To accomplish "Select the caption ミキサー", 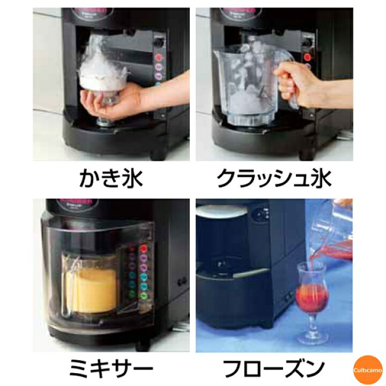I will [x=111, y=369].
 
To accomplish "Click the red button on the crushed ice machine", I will [x=307, y=56].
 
